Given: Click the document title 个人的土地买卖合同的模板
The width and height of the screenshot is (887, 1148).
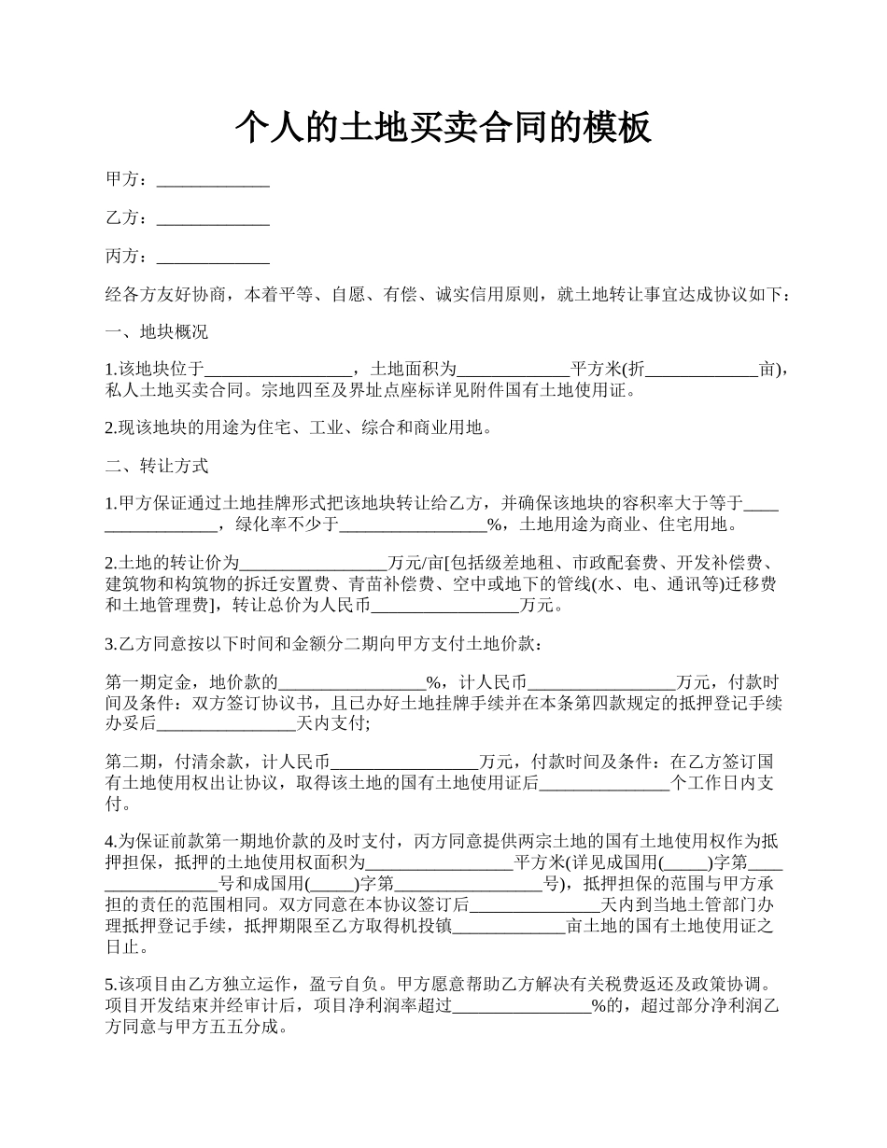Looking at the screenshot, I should [443, 126].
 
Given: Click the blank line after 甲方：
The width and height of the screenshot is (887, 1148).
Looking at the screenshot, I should [213, 179].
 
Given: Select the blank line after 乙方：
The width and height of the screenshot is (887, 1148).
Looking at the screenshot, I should [213, 218].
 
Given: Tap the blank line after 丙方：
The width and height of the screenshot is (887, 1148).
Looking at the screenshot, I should [213, 257].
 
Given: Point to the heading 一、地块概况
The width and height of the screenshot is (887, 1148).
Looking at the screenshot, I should [157, 332].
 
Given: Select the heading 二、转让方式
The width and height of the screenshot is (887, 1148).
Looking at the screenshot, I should [157, 466].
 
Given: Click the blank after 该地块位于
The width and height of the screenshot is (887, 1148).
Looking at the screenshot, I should [277, 371].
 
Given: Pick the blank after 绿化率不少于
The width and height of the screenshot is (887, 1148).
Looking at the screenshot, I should [413, 525].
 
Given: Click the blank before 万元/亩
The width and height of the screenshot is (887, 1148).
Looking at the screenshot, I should [314, 563].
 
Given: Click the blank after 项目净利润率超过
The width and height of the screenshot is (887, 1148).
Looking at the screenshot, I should [522, 1006].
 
